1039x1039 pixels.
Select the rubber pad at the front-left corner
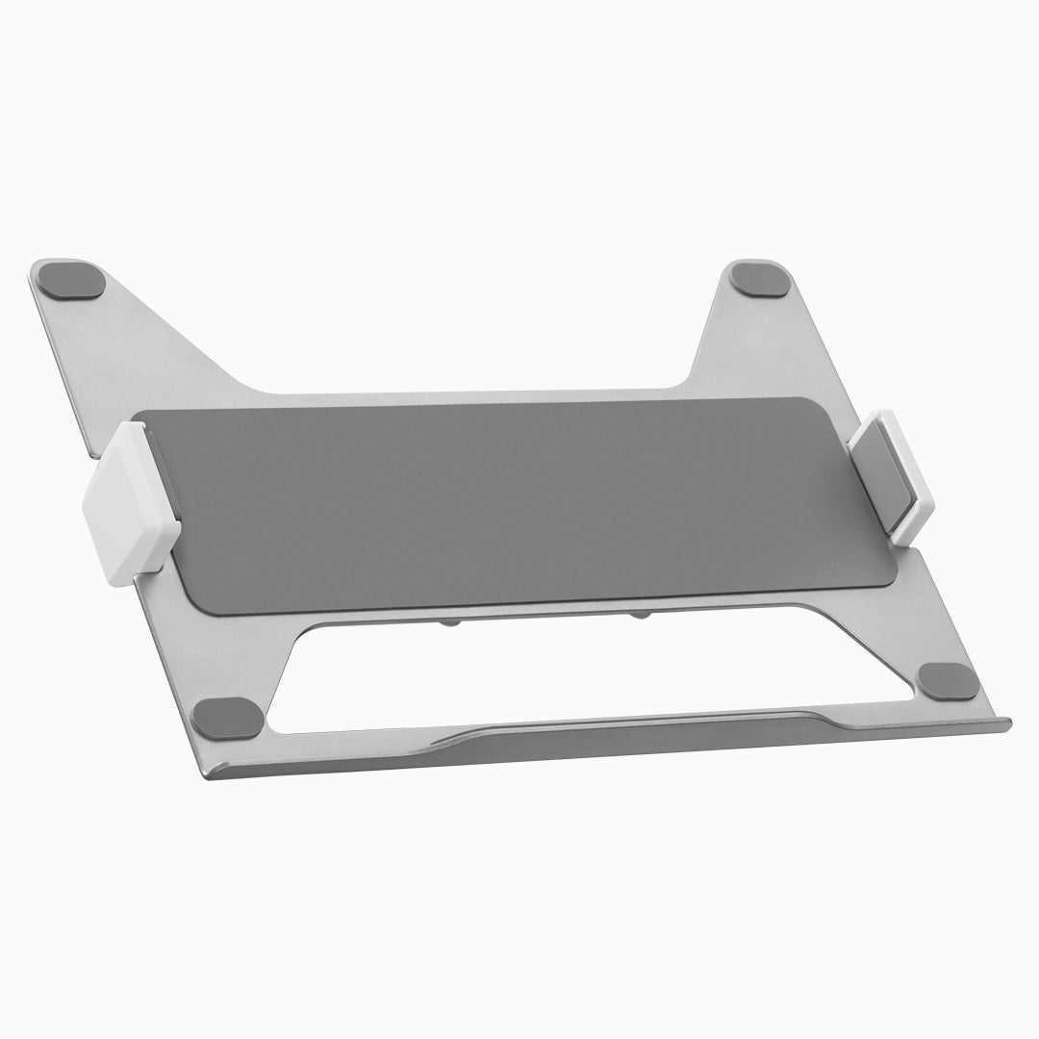click(227, 718)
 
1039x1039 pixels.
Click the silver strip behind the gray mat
click(481, 393)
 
